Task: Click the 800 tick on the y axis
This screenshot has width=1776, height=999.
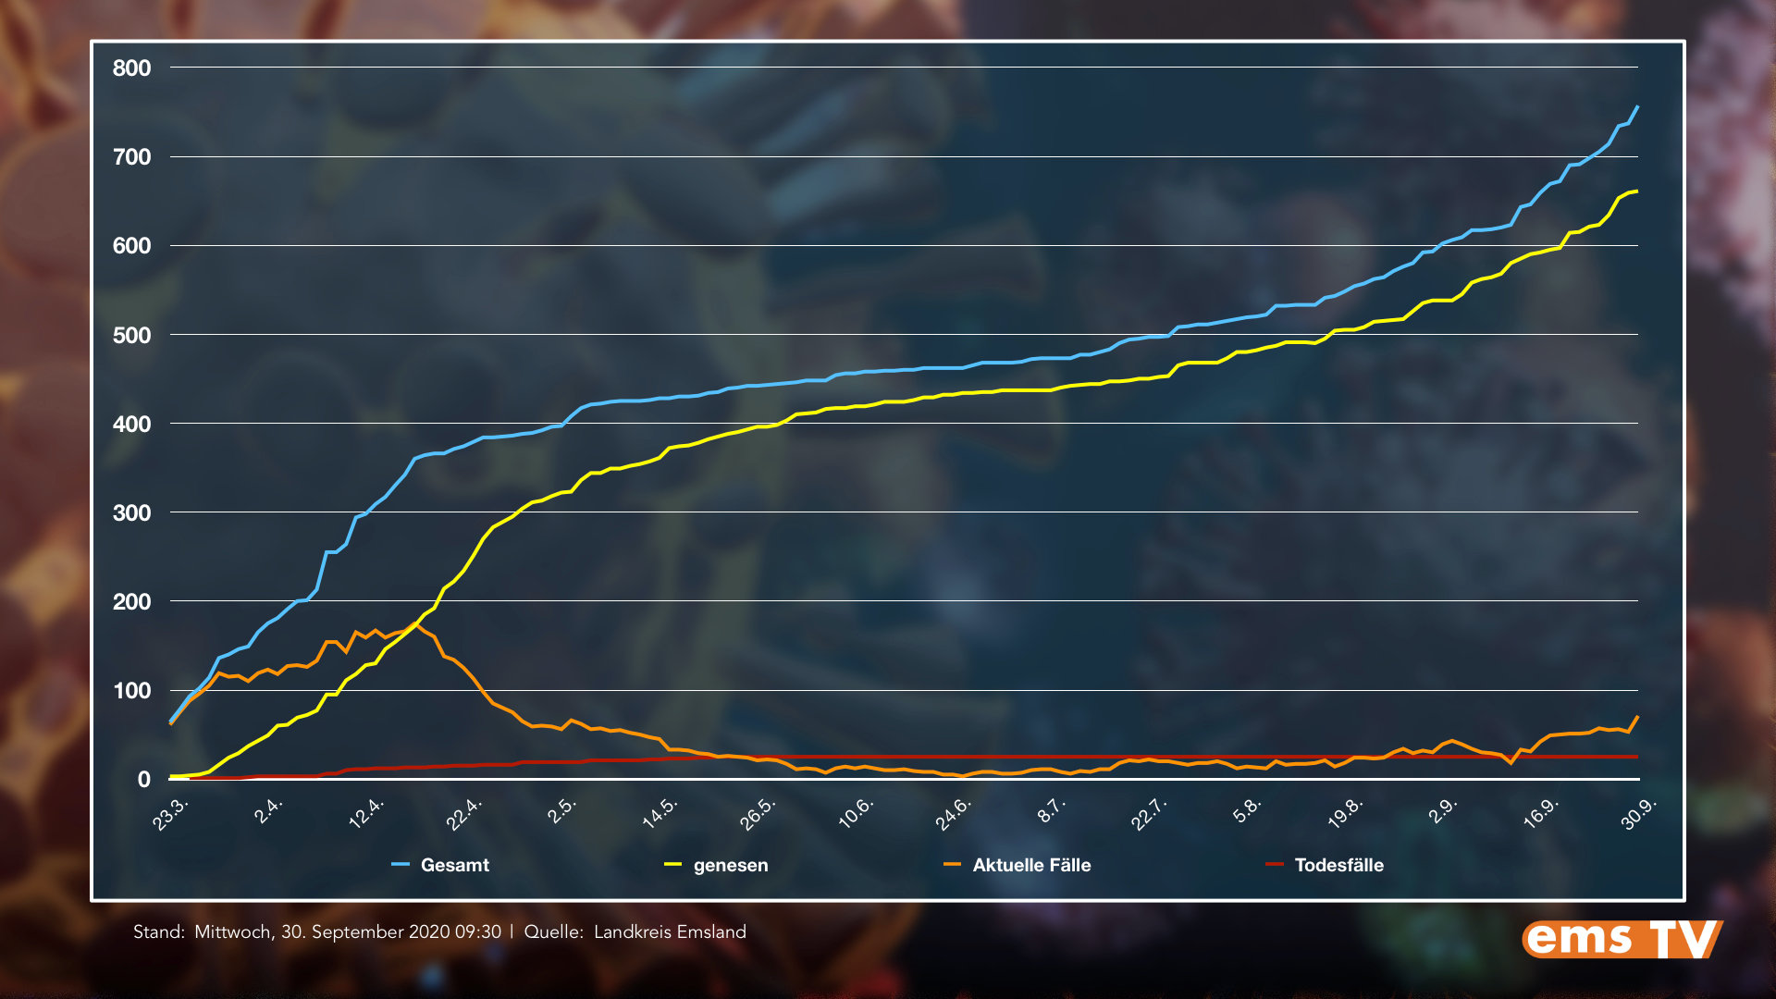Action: pos(131,68)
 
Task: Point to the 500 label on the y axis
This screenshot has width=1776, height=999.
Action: pos(131,335)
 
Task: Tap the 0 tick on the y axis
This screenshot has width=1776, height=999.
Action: pos(143,780)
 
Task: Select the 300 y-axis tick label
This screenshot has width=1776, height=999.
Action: pos(131,512)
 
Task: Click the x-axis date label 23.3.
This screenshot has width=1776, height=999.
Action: pos(171,814)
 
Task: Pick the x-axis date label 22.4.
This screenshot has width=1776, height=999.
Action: pos(464,814)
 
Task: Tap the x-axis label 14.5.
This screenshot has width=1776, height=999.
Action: pos(660,814)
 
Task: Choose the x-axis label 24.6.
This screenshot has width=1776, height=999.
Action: pos(953,814)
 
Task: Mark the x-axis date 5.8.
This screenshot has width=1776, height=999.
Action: pos(1247,810)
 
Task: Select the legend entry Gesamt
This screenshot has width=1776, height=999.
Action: pos(454,865)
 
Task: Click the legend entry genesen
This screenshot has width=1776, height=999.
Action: pos(730,865)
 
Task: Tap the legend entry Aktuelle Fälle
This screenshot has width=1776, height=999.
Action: pos(1031,865)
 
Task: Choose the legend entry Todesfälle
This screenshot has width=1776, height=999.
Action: pos(1338,865)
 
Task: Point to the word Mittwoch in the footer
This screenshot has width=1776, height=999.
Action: pos(232,931)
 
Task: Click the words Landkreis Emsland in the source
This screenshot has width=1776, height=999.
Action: pos(670,931)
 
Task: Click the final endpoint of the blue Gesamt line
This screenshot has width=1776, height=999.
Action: pos(1637,107)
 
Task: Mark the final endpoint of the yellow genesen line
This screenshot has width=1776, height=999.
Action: pos(1637,191)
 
